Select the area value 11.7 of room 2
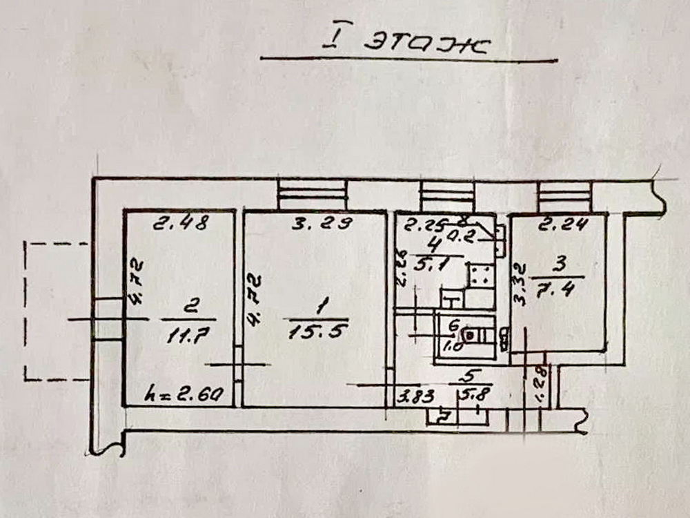point(182,336)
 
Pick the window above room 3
point(565,196)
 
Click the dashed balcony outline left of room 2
point(55,311)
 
